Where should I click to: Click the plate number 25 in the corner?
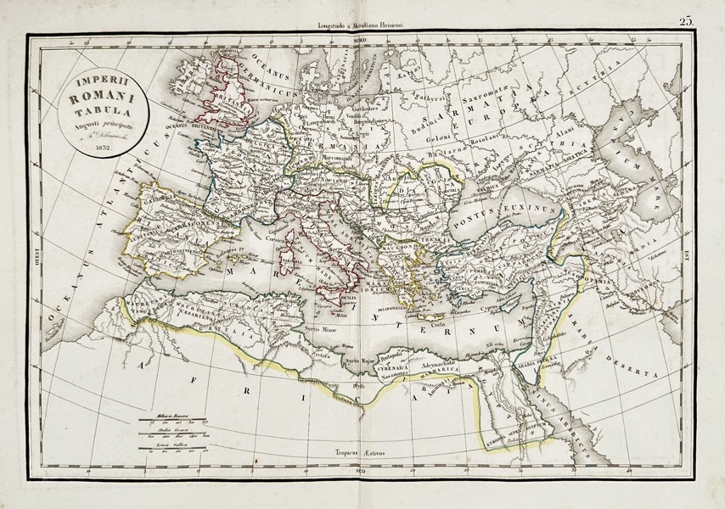[x=687, y=23]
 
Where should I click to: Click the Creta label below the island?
[x=436, y=326]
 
